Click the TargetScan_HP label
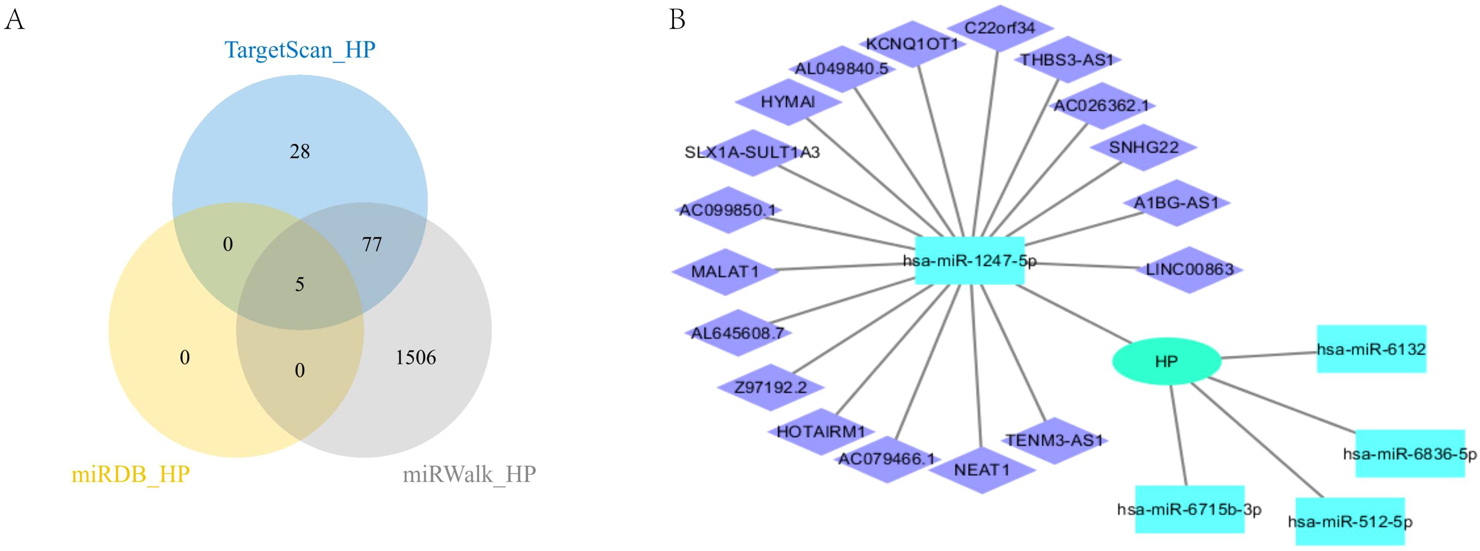coord(300,50)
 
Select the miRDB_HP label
coord(131,475)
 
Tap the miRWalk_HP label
coord(469,475)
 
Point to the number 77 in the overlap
coord(372,245)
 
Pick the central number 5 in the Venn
coord(299,285)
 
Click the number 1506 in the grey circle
coord(415,358)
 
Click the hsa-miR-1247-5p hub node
coord(969,261)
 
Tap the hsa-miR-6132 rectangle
coord(1371,349)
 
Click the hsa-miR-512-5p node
coord(1349,522)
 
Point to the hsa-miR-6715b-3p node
coord(1189,509)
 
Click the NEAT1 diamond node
coord(981,470)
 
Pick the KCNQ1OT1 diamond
coord(913,44)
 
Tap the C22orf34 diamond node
coord(1000,28)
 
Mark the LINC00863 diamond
coord(1190,269)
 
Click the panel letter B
coord(677,20)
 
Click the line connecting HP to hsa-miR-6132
coord(1269,355)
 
